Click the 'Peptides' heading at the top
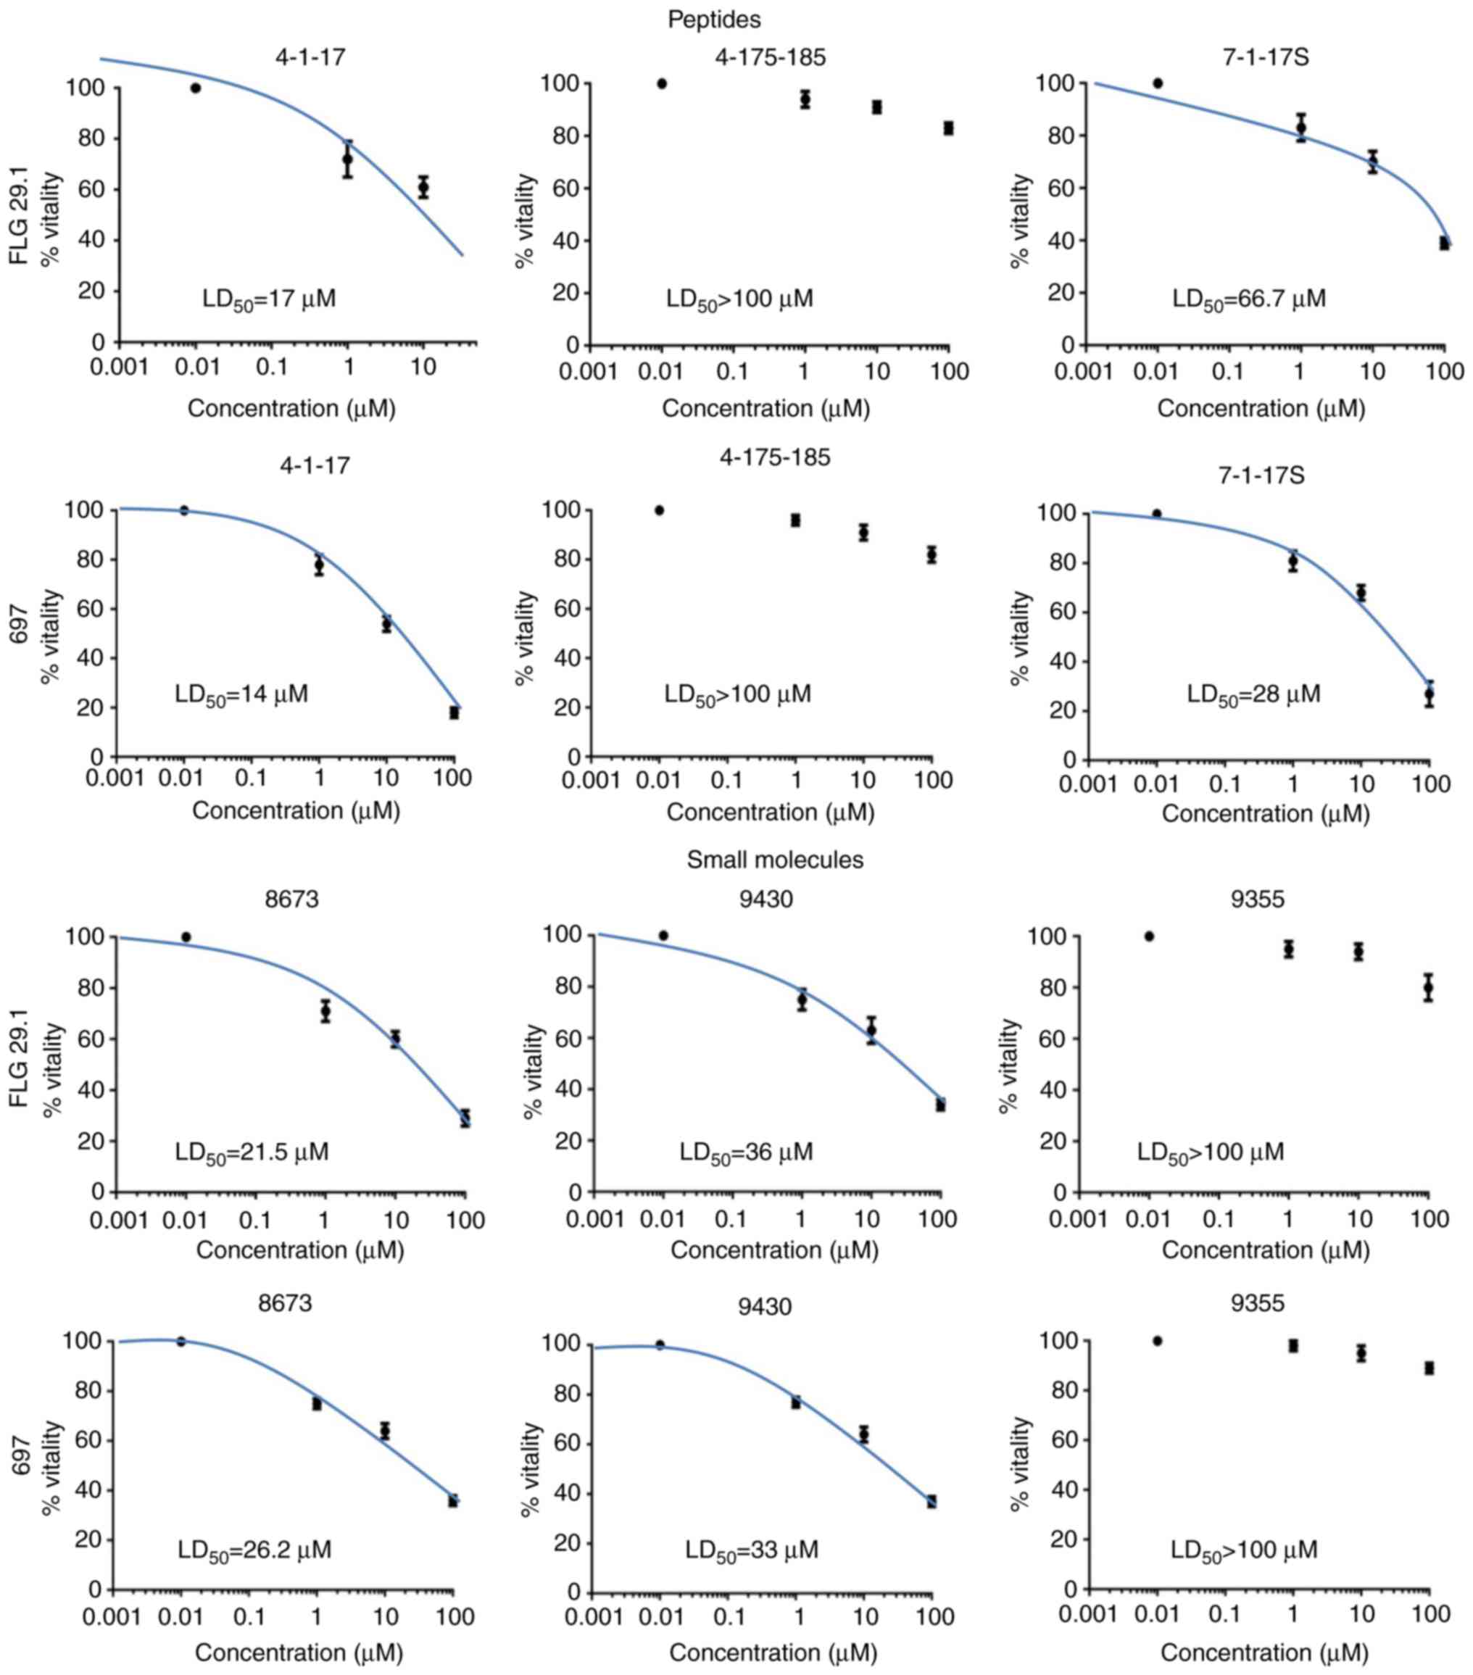(714, 19)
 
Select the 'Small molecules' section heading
(775, 860)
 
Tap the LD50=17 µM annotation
(269, 299)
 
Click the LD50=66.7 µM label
(1248, 299)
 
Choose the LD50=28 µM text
(1253, 694)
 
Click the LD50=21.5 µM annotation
(252, 1152)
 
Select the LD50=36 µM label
(746, 1152)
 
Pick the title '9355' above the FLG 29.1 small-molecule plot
(1258, 899)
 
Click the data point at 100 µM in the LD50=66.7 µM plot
(1444, 244)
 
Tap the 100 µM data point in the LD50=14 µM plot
(454, 712)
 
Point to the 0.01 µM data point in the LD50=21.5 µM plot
(186, 936)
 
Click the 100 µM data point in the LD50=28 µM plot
(1430, 694)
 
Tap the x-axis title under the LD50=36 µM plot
(775, 1250)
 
